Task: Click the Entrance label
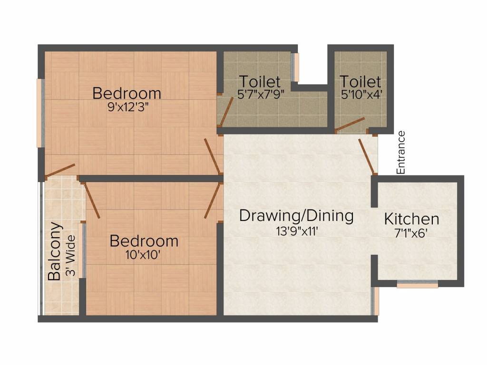401,153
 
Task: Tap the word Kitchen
411,219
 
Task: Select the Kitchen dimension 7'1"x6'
411,233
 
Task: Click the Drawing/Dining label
296,216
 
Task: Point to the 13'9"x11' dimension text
296,231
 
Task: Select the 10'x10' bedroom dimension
143,255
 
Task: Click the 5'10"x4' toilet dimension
361,95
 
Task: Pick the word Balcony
55,251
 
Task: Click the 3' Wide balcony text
70,256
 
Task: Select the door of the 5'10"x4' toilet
350,124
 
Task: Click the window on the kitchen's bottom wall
418,284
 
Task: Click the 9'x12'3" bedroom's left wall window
41,113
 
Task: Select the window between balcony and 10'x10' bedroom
82,250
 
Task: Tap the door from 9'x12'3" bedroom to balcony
60,171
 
